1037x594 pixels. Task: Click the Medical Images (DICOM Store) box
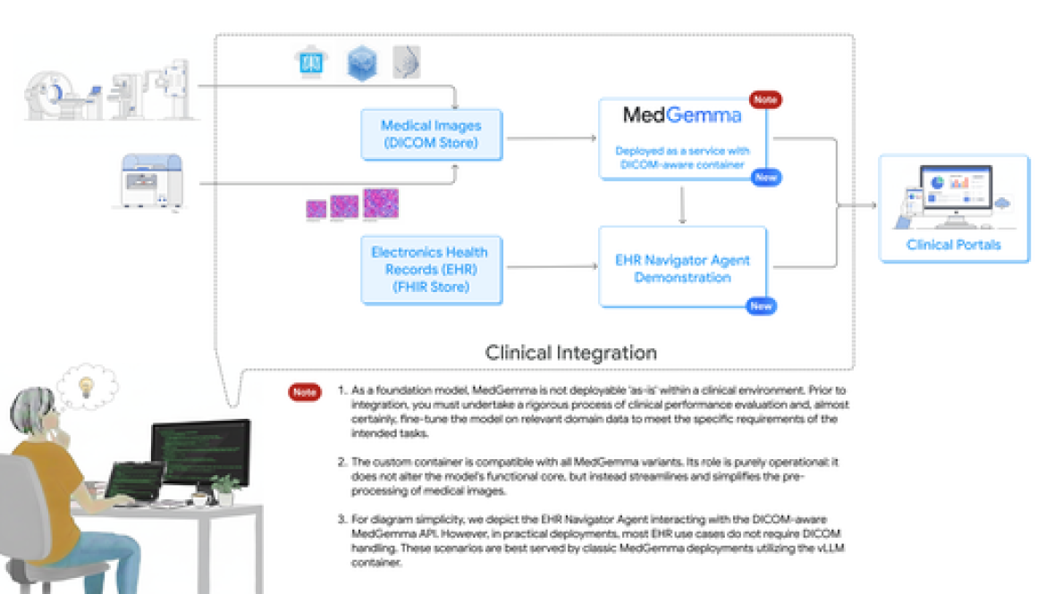[x=432, y=135]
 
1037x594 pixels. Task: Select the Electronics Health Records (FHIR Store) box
[x=430, y=270]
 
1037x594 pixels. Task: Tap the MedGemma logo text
[x=682, y=115]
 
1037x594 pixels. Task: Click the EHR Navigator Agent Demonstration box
[x=682, y=268]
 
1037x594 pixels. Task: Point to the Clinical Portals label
[x=953, y=245]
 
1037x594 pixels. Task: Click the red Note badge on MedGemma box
[x=765, y=100]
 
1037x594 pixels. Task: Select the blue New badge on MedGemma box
[x=765, y=178]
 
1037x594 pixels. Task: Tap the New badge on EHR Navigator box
[x=761, y=306]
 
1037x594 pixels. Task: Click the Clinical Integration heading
[x=570, y=353]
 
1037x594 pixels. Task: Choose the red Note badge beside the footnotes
[x=304, y=391]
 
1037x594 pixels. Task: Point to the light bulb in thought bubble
[x=88, y=386]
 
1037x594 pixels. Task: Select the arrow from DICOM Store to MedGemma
[x=551, y=138]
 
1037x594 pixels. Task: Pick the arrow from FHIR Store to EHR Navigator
[x=551, y=265]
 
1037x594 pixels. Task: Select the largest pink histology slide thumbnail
[x=381, y=204]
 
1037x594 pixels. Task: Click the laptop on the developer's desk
[x=134, y=483]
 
